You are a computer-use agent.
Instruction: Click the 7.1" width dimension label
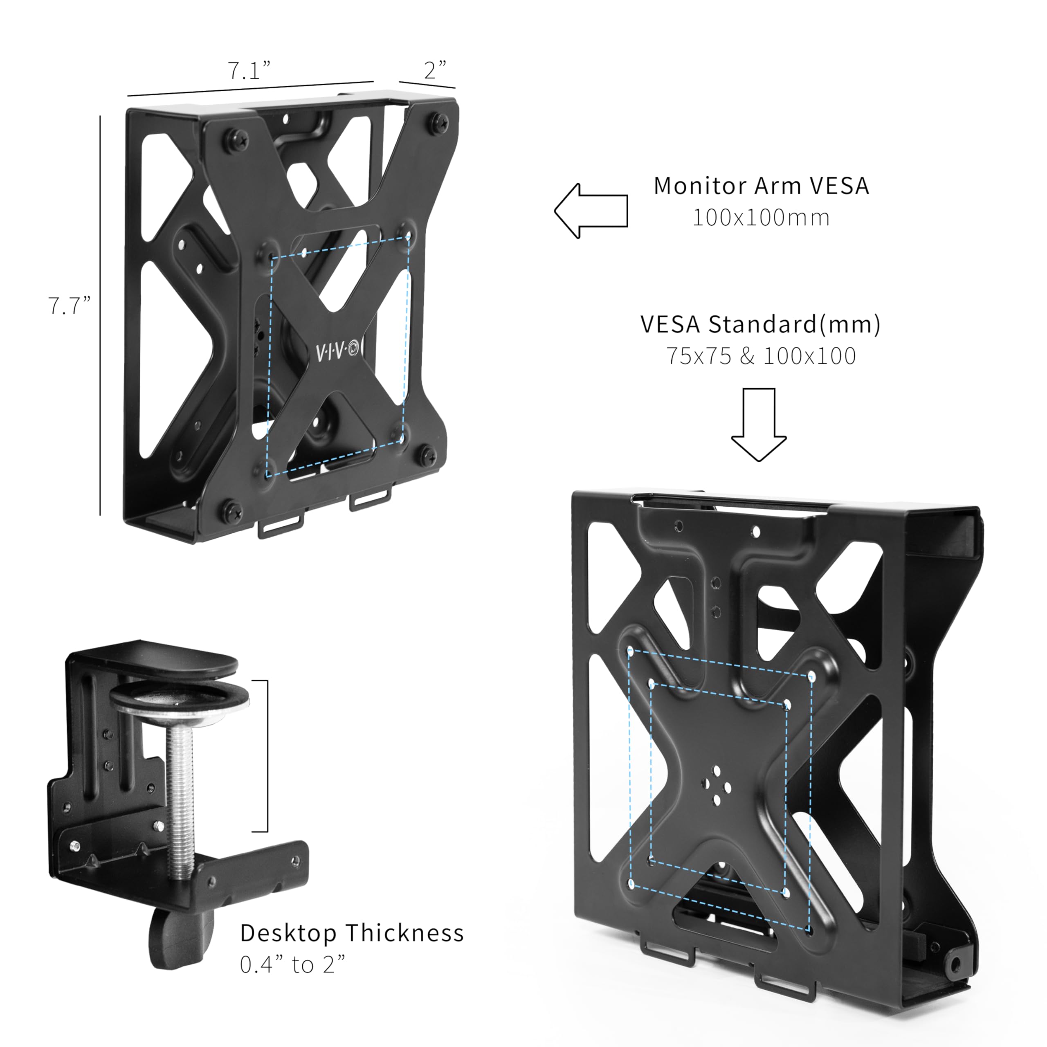[248, 70]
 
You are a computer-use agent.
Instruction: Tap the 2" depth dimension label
[435, 70]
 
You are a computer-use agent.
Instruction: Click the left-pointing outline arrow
[591, 210]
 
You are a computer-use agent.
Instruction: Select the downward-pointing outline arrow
[759, 425]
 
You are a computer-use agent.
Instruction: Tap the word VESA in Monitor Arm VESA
[840, 186]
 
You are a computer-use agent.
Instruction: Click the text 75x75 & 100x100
[761, 356]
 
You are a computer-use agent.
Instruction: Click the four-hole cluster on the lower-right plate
[716, 785]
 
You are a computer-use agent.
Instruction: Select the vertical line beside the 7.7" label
[100, 315]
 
